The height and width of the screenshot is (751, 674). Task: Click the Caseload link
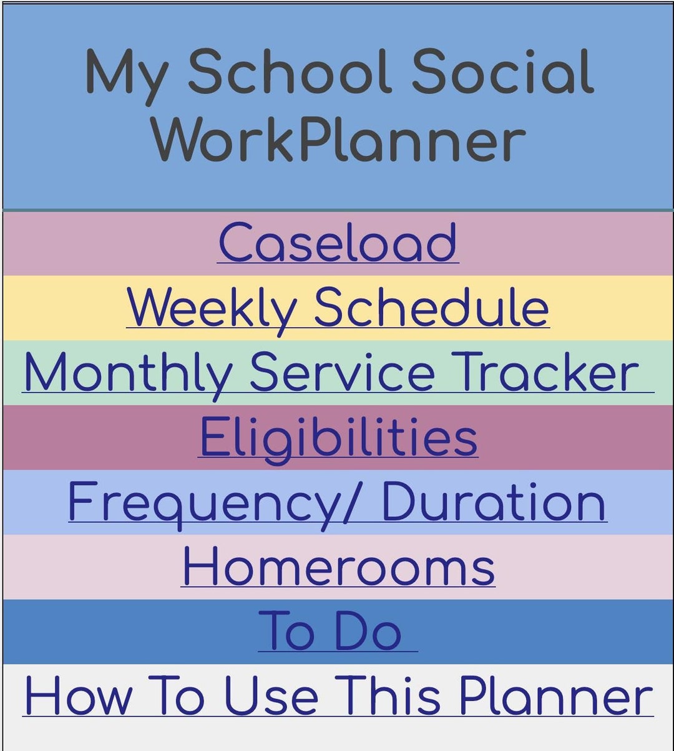(338, 243)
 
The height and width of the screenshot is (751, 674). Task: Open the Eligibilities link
(338, 438)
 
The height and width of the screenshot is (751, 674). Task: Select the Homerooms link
(338, 567)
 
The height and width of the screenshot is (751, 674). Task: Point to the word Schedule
(431, 308)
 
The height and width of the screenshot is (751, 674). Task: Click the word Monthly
(128, 373)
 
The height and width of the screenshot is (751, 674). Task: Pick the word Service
(341, 373)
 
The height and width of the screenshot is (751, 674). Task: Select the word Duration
(493, 502)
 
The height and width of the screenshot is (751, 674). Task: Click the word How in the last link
(78, 697)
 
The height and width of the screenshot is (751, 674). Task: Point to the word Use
(271, 697)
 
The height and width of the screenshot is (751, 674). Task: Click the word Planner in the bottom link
(555, 697)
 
